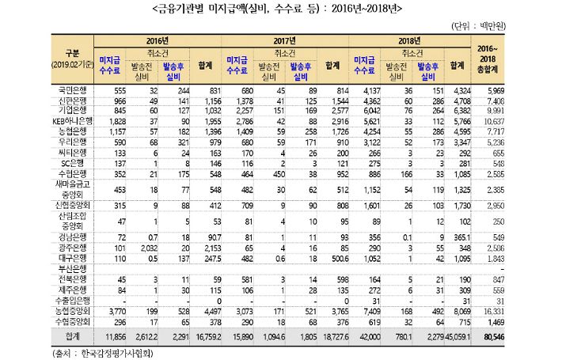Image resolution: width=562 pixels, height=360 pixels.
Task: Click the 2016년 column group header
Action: tap(158, 40)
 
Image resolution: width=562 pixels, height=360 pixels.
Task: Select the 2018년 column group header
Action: tap(408, 40)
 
